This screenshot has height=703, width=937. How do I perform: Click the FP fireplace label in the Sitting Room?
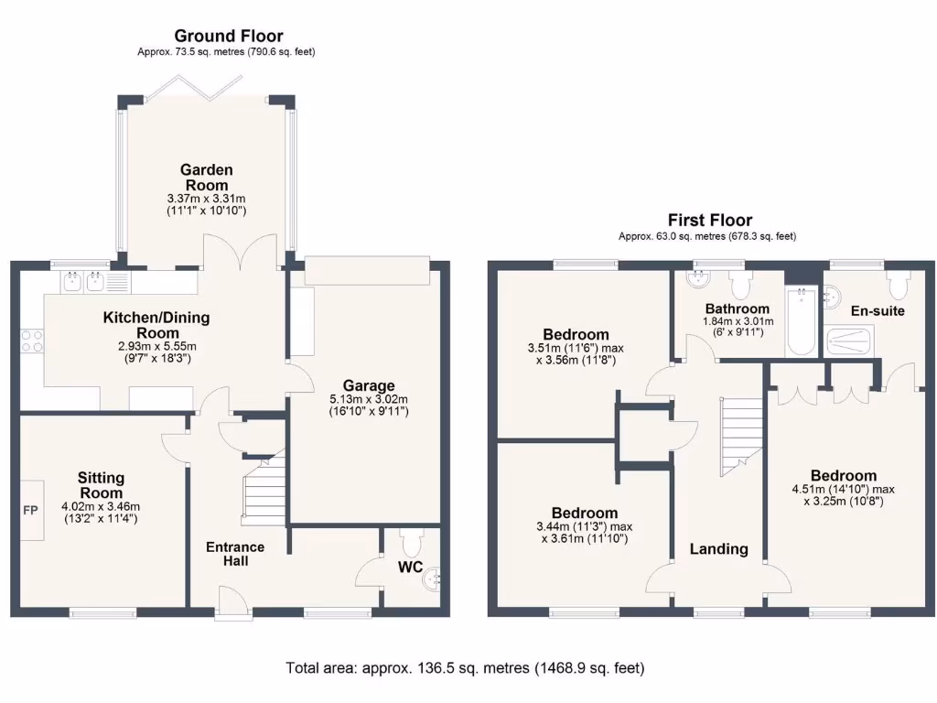click(x=30, y=510)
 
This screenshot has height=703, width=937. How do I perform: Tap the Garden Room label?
click(x=206, y=178)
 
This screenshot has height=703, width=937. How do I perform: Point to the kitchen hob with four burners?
click(x=31, y=341)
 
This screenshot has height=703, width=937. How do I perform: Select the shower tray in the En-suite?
click(x=851, y=341)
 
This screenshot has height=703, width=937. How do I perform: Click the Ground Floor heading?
click(x=229, y=37)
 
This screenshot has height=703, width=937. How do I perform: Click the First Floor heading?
click(x=710, y=220)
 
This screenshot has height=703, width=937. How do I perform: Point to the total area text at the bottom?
click(x=465, y=668)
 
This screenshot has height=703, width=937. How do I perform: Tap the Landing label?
click(x=718, y=549)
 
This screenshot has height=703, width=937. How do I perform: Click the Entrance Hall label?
click(x=234, y=554)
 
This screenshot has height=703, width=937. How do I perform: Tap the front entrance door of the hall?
click(x=234, y=604)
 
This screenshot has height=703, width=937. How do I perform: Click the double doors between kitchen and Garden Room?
click(x=240, y=254)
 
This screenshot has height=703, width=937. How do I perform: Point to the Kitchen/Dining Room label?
click(x=156, y=325)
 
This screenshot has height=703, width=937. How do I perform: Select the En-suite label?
click(x=877, y=311)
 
